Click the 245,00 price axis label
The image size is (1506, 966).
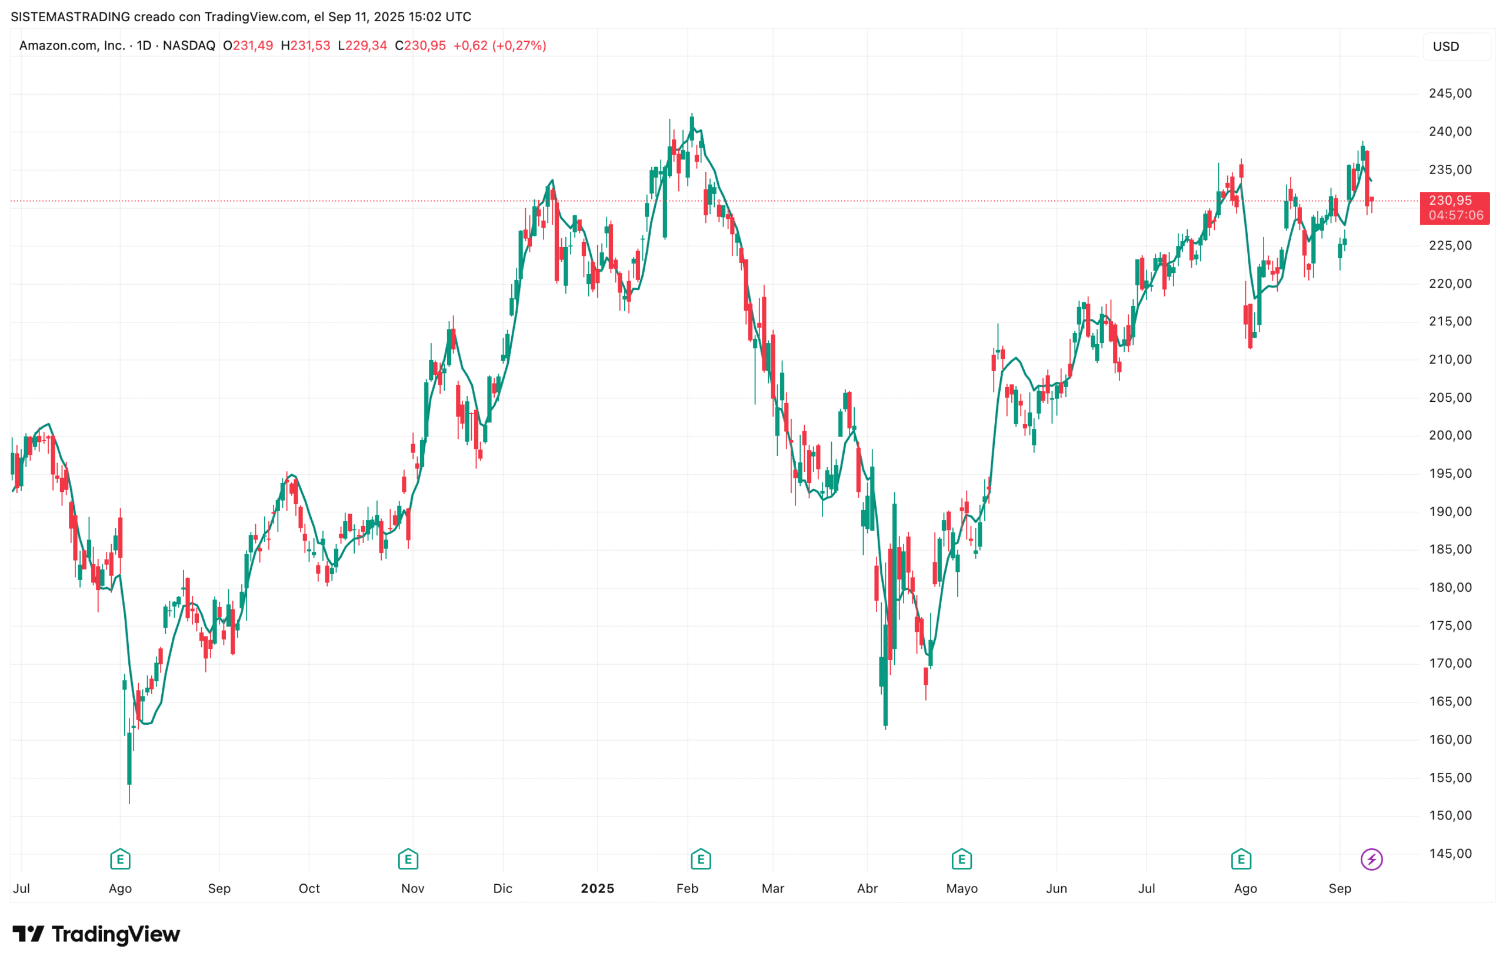click(x=1450, y=94)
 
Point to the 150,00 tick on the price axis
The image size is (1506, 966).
click(x=1450, y=815)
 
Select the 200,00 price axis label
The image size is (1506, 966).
click(x=1450, y=435)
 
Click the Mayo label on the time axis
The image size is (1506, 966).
click(x=962, y=888)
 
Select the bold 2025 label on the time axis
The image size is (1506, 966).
click(x=597, y=888)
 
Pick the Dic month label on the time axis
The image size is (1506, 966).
click(x=502, y=888)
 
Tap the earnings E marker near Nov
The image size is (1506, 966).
click(x=408, y=859)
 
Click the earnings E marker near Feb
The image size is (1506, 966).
click(x=701, y=859)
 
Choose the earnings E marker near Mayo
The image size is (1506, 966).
click(x=962, y=859)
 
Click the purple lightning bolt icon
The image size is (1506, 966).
click(x=1371, y=859)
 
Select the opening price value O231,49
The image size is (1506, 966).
click(x=248, y=46)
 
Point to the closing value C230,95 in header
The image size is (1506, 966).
click(x=420, y=46)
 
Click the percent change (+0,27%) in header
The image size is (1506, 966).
click(x=519, y=46)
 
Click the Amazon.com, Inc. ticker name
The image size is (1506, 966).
click(x=72, y=46)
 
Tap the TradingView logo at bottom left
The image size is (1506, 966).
click(x=96, y=934)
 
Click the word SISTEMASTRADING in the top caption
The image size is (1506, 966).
click(x=70, y=17)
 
